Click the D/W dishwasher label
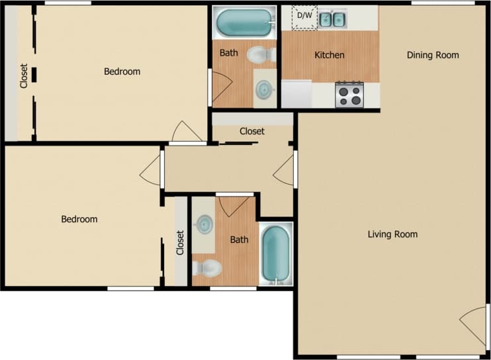(x=305, y=15)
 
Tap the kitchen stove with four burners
(x=350, y=95)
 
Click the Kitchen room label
(x=329, y=55)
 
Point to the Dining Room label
(x=433, y=55)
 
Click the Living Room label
(x=392, y=234)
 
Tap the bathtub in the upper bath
(x=244, y=24)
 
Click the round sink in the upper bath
(x=265, y=89)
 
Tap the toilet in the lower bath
(x=207, y=268)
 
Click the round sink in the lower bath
(x=204, y=224)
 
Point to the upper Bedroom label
(x=122, y=71)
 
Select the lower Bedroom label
(x=79, y=219)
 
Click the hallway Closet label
(x=252, y=131)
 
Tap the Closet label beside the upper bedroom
(x=24, y=75)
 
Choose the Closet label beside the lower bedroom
(x=180, y=242)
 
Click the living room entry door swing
(x=474, y=322)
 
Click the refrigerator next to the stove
(x=296, y=94)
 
